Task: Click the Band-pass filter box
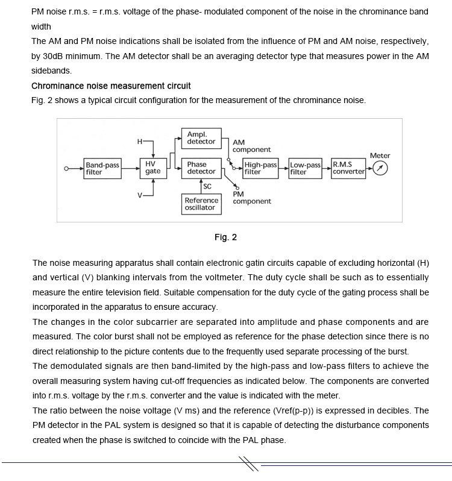102,168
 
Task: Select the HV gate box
152,168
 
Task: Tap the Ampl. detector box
201,138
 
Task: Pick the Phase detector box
201,168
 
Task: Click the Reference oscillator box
201,204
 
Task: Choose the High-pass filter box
260,168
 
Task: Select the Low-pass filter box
306,168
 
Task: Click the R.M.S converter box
349,168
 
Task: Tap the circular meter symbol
380,169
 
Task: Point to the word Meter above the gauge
380,156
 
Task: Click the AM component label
251,146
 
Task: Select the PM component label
251,198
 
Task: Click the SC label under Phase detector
207,187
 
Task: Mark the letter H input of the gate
140,142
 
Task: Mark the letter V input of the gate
140,196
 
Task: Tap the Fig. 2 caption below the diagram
225,237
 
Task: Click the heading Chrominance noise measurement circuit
111,86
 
